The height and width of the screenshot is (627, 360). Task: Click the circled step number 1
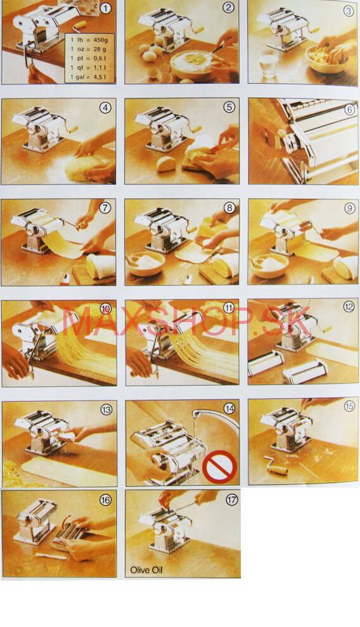click(x=105, y=8)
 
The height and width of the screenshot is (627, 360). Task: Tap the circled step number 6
click(x=350, y=109)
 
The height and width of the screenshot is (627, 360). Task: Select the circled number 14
click(x=229, y=408)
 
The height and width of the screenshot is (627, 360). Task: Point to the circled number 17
click(x=232, y=500)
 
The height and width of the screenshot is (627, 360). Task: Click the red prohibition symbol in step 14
click(x=219, y=467)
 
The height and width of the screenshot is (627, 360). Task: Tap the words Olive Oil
click(x=146, y=570)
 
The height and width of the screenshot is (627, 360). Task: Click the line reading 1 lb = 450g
click(x=88, y=39)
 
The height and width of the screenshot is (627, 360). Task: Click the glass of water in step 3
click(x=269, y=63)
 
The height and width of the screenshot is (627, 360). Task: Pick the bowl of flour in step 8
click(x=146, y=264)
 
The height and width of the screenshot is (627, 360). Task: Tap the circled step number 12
click(x=349, y=307)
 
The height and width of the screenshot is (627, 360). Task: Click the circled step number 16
click(x=105, y=500)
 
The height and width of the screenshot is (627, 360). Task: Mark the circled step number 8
click(x=229, y=208)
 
